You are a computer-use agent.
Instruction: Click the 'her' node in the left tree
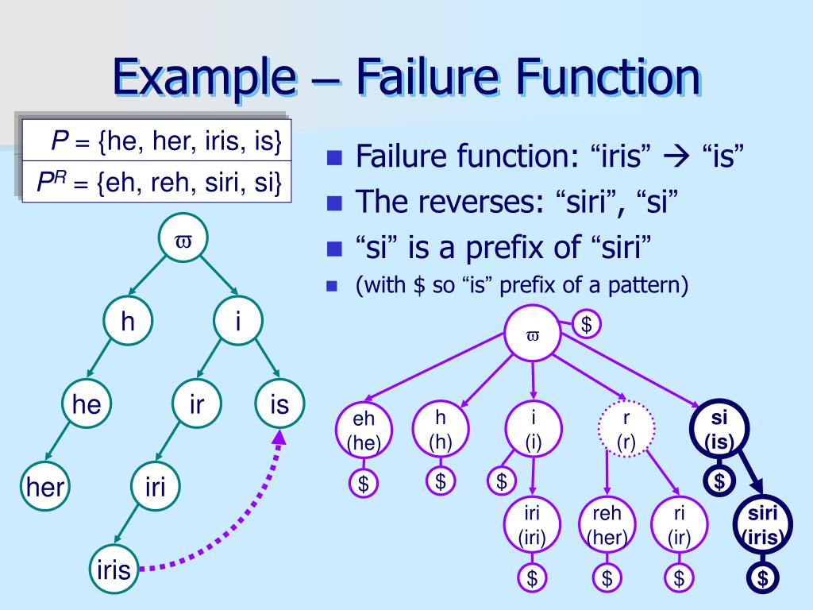pyautogui.click(x=45, y=485)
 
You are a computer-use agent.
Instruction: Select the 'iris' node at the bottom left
pyautogui.click(x=113, y=569)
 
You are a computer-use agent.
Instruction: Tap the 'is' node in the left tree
pyautogui.click(x=279, y=405)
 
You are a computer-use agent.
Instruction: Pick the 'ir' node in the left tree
pyautogui.click(x=197, y=405)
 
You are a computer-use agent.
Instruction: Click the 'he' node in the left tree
pyautogui.click(x=87, y=405)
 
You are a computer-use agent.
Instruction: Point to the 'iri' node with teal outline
pyautogui.click(x=155, y=485)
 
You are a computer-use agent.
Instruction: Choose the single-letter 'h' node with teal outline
pyautogui.click(x=128, y=322)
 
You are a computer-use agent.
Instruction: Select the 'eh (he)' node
pyautogui.click(x=364, y=431)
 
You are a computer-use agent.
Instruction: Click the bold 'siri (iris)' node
pyautogui.click(x=762, y=524)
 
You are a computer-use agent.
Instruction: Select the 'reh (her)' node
pyautogui.click(x=607, y=524)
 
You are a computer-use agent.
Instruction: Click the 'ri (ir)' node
pyautogui.click(x=679, y=524)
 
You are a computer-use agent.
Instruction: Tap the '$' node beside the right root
pyautogui.click(x=587, y=324)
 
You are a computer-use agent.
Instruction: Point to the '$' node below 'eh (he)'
pyautogui.click(x=364, y=484)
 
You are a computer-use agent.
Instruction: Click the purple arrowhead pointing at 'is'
pyautogui.click(x=279, y=439)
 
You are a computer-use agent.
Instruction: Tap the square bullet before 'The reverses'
pyautogui.click(x=334, y=203)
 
